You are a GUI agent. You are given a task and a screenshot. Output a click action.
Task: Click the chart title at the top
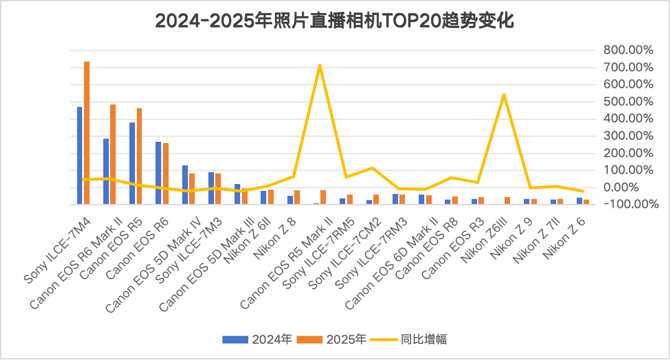(334, 22)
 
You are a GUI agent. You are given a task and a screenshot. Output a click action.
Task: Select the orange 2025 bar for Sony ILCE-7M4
(87, 132)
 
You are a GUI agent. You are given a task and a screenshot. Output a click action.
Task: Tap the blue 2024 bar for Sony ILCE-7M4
(80, 155)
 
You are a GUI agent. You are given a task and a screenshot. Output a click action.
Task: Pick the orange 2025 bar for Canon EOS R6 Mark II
(113, 154)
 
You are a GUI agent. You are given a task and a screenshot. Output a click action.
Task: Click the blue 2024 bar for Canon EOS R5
(132, 163)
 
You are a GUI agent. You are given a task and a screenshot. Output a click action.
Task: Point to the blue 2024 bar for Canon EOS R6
(158, 173)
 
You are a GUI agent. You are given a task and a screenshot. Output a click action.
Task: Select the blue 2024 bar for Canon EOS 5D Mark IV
(185, 185)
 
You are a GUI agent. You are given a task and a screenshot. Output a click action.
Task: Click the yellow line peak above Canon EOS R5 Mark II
(320, 65)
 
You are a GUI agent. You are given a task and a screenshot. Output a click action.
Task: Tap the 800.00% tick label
(628, 50)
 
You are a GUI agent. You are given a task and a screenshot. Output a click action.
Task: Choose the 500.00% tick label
(628, 101)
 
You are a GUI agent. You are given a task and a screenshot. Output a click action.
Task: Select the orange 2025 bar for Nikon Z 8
(297, 197)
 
